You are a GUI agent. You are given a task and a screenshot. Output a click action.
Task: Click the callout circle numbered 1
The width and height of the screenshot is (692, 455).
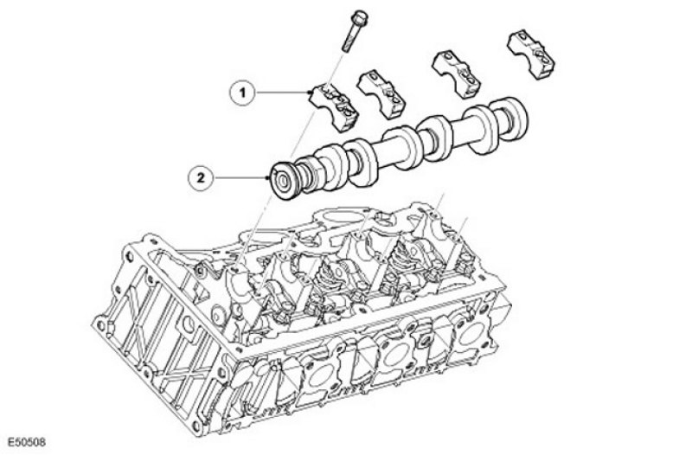coord(242,93)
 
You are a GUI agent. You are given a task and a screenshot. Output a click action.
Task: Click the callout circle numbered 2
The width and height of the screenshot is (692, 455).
coord(201,178)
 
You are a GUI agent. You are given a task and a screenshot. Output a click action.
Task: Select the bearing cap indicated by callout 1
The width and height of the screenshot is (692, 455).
coord(334,106)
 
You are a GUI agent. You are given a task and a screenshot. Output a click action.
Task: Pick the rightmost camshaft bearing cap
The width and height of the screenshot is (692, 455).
coord(531,54)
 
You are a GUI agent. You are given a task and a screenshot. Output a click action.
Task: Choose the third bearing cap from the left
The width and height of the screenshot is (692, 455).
coord(457,74)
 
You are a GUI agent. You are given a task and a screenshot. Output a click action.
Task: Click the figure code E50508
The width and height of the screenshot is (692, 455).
coord(27,442)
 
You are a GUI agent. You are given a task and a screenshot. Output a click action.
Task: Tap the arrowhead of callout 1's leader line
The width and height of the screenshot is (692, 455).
coord(310,93)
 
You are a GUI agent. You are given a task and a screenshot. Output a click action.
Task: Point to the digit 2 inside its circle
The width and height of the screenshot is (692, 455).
coord(201,178)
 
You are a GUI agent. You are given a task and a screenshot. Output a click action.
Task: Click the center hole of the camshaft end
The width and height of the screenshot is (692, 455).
coord(282,182)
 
